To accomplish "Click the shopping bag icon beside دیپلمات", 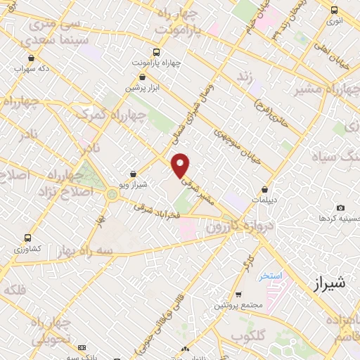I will pos(264,190).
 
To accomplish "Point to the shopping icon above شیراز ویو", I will pos(134,174).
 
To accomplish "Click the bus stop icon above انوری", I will pos(335,11).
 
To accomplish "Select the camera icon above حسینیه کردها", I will pos(341,207).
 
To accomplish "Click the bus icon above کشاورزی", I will pos(27,238).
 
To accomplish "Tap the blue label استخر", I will pos(270,276).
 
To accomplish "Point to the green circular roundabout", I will pos(112,194).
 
